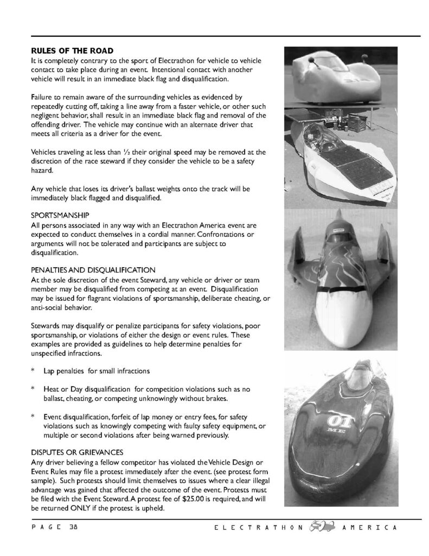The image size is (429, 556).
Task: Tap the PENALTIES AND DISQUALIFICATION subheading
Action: [94, 269]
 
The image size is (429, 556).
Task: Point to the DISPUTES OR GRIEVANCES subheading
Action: [78, 452]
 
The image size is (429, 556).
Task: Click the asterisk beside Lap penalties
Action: [33, 370]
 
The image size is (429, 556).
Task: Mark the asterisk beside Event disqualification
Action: [33, 417]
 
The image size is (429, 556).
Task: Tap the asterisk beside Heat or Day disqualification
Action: [33, 389]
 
